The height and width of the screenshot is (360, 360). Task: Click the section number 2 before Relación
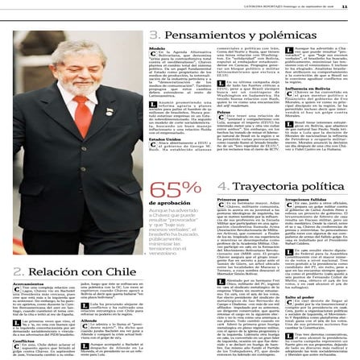coord(17,271)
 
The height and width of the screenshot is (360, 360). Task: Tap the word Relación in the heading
coord(53,271)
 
